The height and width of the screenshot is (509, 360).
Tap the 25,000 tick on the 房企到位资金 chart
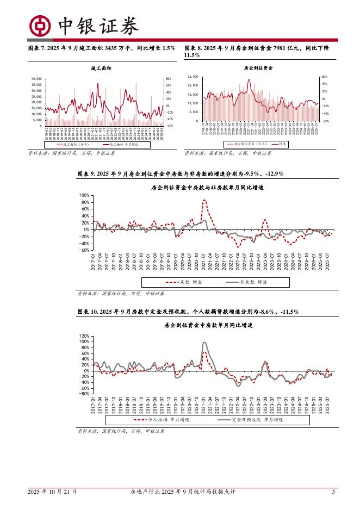point(193,77)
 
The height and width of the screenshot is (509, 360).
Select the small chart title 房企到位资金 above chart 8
point(259,69)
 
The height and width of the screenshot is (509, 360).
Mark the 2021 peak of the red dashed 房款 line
point(204,200)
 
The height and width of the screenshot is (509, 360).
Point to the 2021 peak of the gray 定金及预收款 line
point(204,343)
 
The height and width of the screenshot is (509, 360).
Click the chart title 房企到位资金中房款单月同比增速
point(207,325)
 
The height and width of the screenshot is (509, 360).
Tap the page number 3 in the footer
point(333,492)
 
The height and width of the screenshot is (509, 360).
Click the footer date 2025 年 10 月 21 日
point(52,492)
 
